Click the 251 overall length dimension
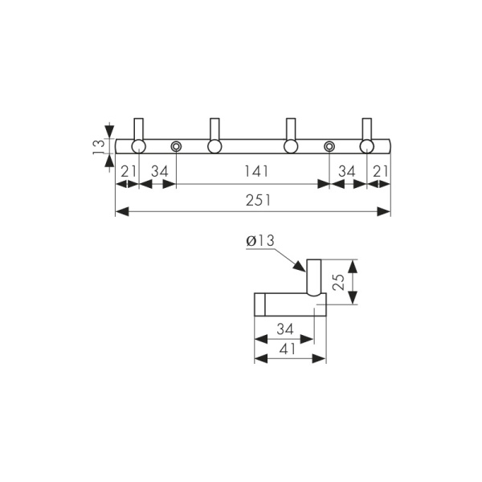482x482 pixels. (256, 200)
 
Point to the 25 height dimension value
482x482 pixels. (338, 281)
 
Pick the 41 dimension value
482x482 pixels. (287, 349)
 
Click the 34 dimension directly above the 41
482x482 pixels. (284, 329)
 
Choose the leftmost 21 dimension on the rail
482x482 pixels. (128, 171)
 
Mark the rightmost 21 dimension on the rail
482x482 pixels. (379, 171)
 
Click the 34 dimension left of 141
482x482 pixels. (159, 171)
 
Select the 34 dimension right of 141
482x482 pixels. (348, 171)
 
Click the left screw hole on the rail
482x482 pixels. (177, 146)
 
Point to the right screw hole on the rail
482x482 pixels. (329, 146)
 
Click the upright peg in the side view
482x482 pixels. (314, 277)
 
